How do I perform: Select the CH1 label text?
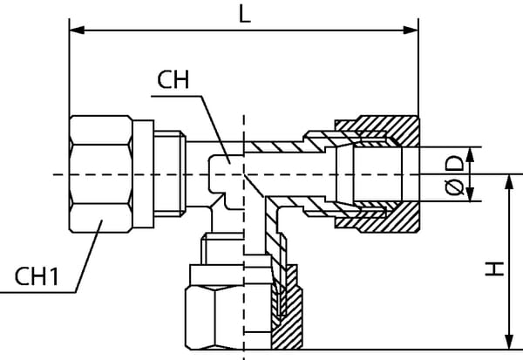(37, 277)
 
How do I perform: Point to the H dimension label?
(494, 271)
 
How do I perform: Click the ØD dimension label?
(452, 174)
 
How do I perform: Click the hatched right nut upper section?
(388, 128)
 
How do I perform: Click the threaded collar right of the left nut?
(173, 174)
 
